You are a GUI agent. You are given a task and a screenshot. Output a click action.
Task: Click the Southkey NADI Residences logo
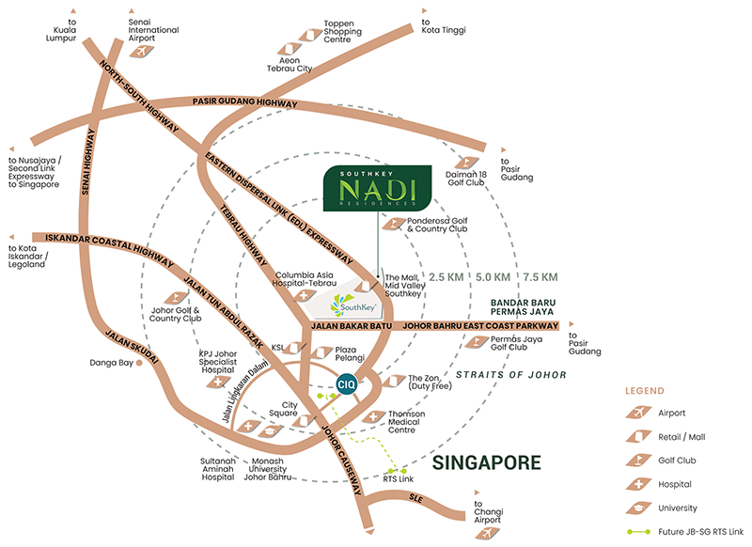coord(378,188)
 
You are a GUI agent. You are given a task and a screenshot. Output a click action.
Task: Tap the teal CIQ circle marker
coord(346,384)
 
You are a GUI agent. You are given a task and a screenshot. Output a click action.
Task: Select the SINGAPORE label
coord(486,462)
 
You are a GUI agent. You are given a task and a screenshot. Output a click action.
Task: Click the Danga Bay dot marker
coord(139,363)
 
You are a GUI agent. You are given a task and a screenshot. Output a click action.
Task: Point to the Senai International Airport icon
coord(142,51)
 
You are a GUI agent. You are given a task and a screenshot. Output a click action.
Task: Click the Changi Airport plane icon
coord(488,533)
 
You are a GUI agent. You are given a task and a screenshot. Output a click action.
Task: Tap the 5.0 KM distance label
coord(493,277)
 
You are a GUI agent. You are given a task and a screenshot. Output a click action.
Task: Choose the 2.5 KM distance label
coord(446,277)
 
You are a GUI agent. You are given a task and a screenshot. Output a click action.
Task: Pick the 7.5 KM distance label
coord(540,277)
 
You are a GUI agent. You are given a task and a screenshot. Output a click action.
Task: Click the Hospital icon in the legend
coord(638,484)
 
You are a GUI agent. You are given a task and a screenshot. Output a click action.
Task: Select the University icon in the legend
coord(638,508)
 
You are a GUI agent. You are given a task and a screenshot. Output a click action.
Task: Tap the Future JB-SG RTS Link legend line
coord(639,532)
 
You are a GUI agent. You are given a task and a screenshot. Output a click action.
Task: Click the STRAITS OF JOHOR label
coord(510,375)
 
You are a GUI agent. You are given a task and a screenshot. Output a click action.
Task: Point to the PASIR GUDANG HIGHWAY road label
coord(245,102)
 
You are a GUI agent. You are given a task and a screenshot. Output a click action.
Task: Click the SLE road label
coord(415,498)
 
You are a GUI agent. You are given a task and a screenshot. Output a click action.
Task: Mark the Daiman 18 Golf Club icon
coord(466,163)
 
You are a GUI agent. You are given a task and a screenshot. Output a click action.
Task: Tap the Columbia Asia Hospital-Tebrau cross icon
coord(304,295)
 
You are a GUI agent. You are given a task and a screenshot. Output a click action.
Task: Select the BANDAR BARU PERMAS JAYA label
coord(523,307)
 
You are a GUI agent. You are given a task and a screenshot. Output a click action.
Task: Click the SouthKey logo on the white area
coord(352,305)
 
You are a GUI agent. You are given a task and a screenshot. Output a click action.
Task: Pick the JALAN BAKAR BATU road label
coord(352,326)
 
